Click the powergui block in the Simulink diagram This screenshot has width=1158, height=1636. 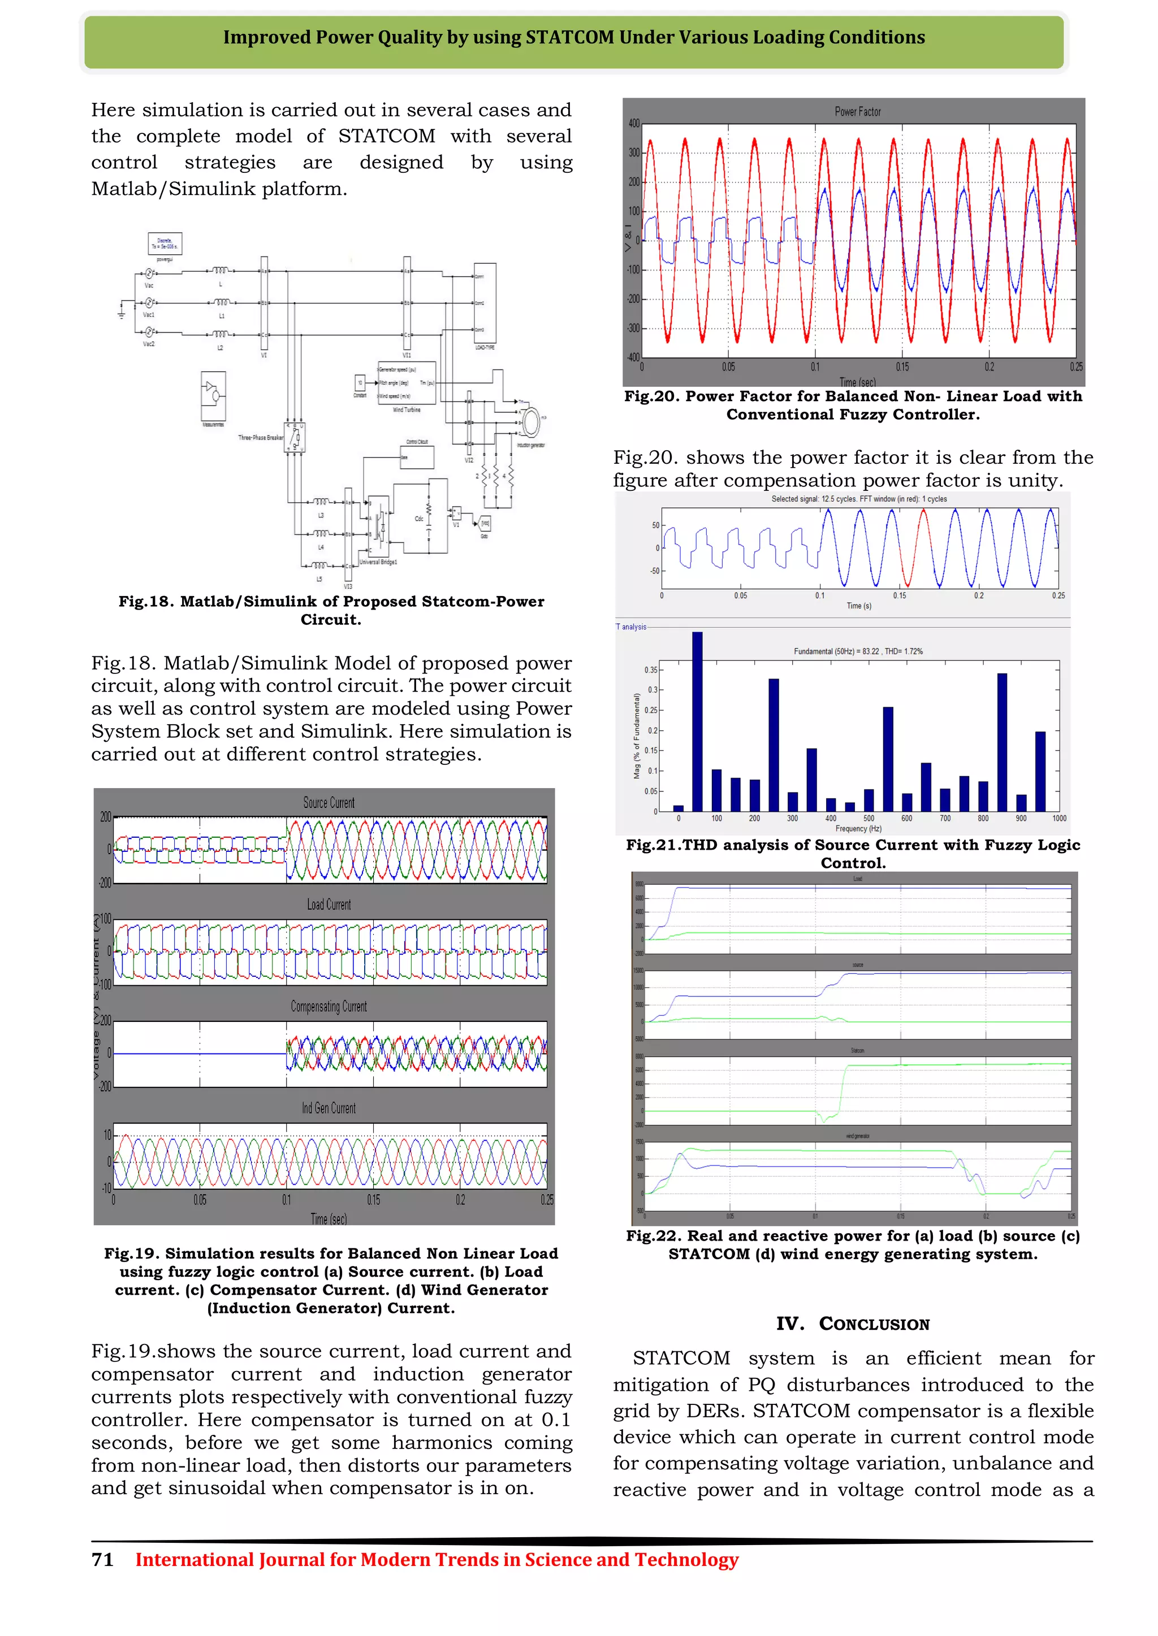pos(165,243)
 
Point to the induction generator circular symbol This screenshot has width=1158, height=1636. pos(530,421)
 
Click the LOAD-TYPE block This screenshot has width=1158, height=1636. pos(485,303)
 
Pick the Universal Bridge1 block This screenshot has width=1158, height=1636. pos(379,527)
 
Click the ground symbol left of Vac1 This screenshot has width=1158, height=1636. pos(123,311)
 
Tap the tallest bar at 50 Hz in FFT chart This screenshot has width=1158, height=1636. pos(697,720)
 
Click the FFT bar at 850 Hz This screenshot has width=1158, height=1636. pos(1002,741)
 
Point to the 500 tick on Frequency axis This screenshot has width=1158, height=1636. pos(868,819)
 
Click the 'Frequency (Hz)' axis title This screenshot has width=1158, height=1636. pos(858,829)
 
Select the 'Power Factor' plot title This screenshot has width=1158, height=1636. pos(858,112)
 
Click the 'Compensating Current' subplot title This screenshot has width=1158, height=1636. pos(329,1006)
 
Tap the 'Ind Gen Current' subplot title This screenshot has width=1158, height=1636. pos(329,1108)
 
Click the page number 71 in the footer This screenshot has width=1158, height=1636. pos(103,1560)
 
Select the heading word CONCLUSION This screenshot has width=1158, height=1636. pos(874,1324)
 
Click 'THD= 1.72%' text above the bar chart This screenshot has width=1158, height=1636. pos(904,651)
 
